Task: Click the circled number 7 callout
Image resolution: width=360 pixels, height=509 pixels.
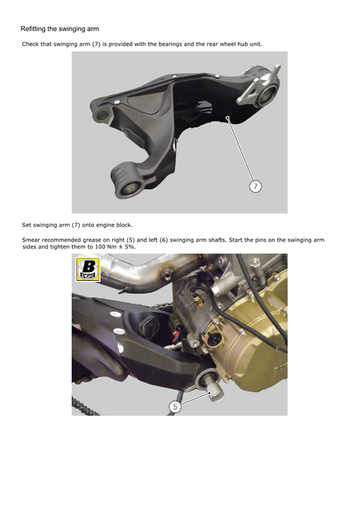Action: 255,186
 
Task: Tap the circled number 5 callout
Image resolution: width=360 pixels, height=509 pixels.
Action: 176,406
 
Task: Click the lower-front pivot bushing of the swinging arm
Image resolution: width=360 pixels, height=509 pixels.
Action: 128,188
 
